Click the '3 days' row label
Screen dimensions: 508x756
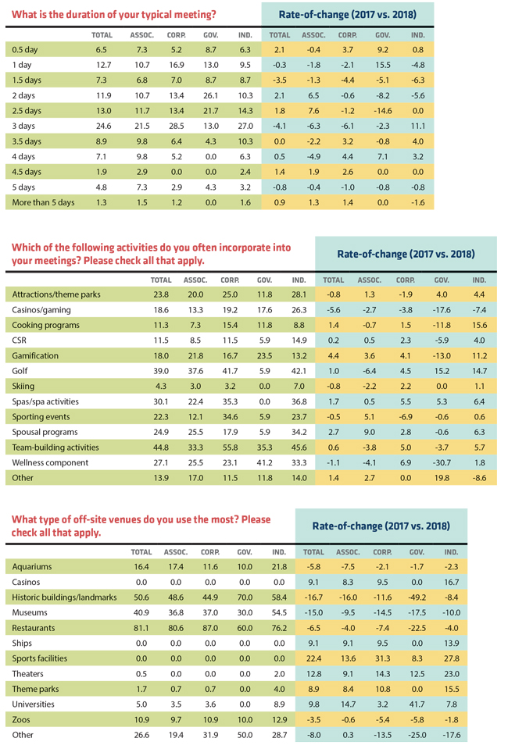23,126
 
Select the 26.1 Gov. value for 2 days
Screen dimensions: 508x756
211,95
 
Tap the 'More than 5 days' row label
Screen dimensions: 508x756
44,202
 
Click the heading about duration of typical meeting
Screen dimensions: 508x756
114,15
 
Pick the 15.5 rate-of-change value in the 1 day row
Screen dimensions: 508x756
383,65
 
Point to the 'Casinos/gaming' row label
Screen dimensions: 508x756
41,310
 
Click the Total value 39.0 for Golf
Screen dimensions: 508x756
161,371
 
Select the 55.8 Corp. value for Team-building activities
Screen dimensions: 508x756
230,448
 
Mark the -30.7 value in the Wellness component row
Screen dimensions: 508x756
442,462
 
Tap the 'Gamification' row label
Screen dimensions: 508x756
35,356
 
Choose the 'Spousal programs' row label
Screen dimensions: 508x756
45,433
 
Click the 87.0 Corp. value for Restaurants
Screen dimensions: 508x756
210,628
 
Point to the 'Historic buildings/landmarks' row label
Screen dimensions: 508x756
65,597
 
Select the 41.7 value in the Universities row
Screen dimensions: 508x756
417,704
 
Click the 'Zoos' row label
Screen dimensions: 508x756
21,719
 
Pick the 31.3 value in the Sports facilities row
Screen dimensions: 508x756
382,658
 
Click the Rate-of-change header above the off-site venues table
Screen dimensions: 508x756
381,526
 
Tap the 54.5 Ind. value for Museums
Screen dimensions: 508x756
279,612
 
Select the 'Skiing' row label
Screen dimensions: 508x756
23,386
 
